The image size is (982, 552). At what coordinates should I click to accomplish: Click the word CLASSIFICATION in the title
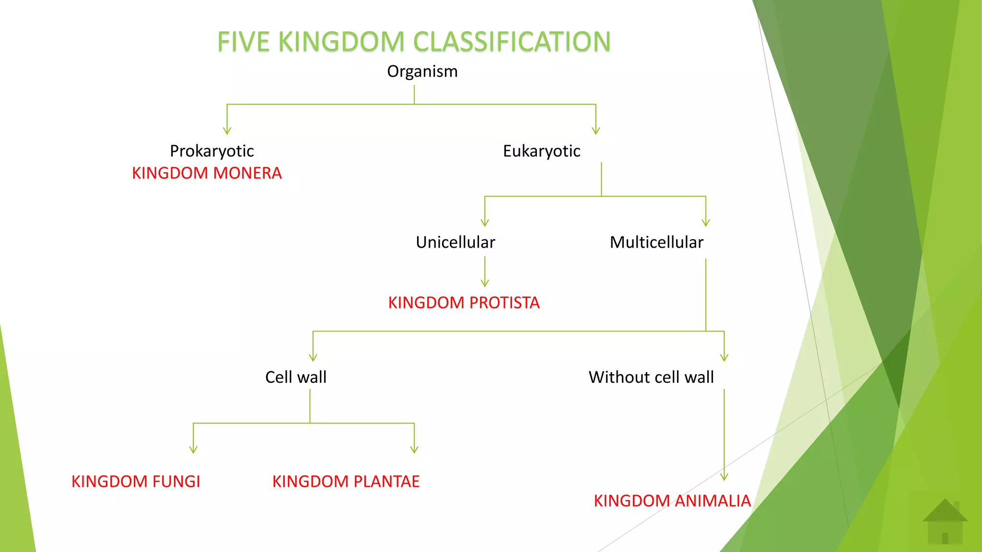pyautogui.click(x=512, y=42)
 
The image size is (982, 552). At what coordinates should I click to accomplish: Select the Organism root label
pyautogui.click(x=422, y=71)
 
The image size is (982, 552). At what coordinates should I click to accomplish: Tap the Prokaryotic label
pyautogui.click(x=211, y=151)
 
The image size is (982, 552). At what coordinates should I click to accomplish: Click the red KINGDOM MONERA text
pyautogui.click(x=207, y=173)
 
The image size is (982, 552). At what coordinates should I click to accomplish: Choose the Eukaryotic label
pyautogui.click(x=541, y=151)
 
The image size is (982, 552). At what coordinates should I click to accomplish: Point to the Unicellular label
pyautogui.click(x=455, y=242)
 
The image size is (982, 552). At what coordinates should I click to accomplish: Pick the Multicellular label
pyautogui.click(x=656, y=242)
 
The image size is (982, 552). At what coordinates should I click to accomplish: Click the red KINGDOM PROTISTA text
pyautogui.click(x=464, y=303)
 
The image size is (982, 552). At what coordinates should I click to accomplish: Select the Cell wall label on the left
pyautogui.click(x=296, y=377)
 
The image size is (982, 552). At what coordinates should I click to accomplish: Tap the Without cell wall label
pyautogui.click(x=651, y=377)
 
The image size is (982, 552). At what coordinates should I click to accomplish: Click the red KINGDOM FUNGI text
pyautogui.click(x=136, y=482)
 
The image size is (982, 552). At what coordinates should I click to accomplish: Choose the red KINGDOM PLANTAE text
pyautogui.click(x=346, y=482)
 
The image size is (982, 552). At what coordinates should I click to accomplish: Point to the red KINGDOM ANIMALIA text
pyautogui.click(x=672, y=501)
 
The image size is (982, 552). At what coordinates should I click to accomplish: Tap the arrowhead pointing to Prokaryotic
pyautogui.click(x=227, y=131)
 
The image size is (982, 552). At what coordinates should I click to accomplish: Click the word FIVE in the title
pyautogui.click(x=243, y=42)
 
